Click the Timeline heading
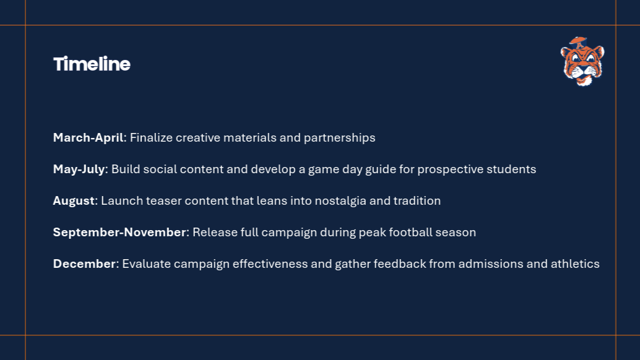click(92, 64)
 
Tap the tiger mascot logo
click(582, 61)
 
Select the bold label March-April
click(88, 138)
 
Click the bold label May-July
click(79, 169)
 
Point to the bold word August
click(74, 201)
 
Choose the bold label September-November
click(119, 233)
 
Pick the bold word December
click(85, 264)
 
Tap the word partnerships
click(340, 138)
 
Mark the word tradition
click(417, 200)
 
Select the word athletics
click(575, 264)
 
